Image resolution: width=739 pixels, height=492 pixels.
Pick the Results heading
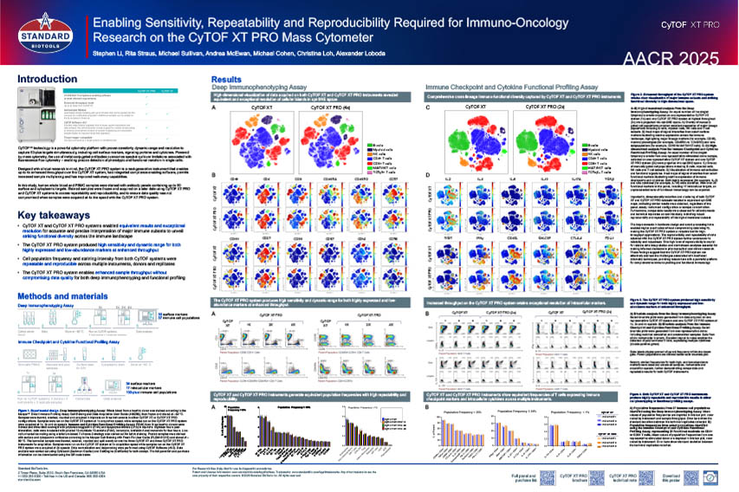coord(227,79)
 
